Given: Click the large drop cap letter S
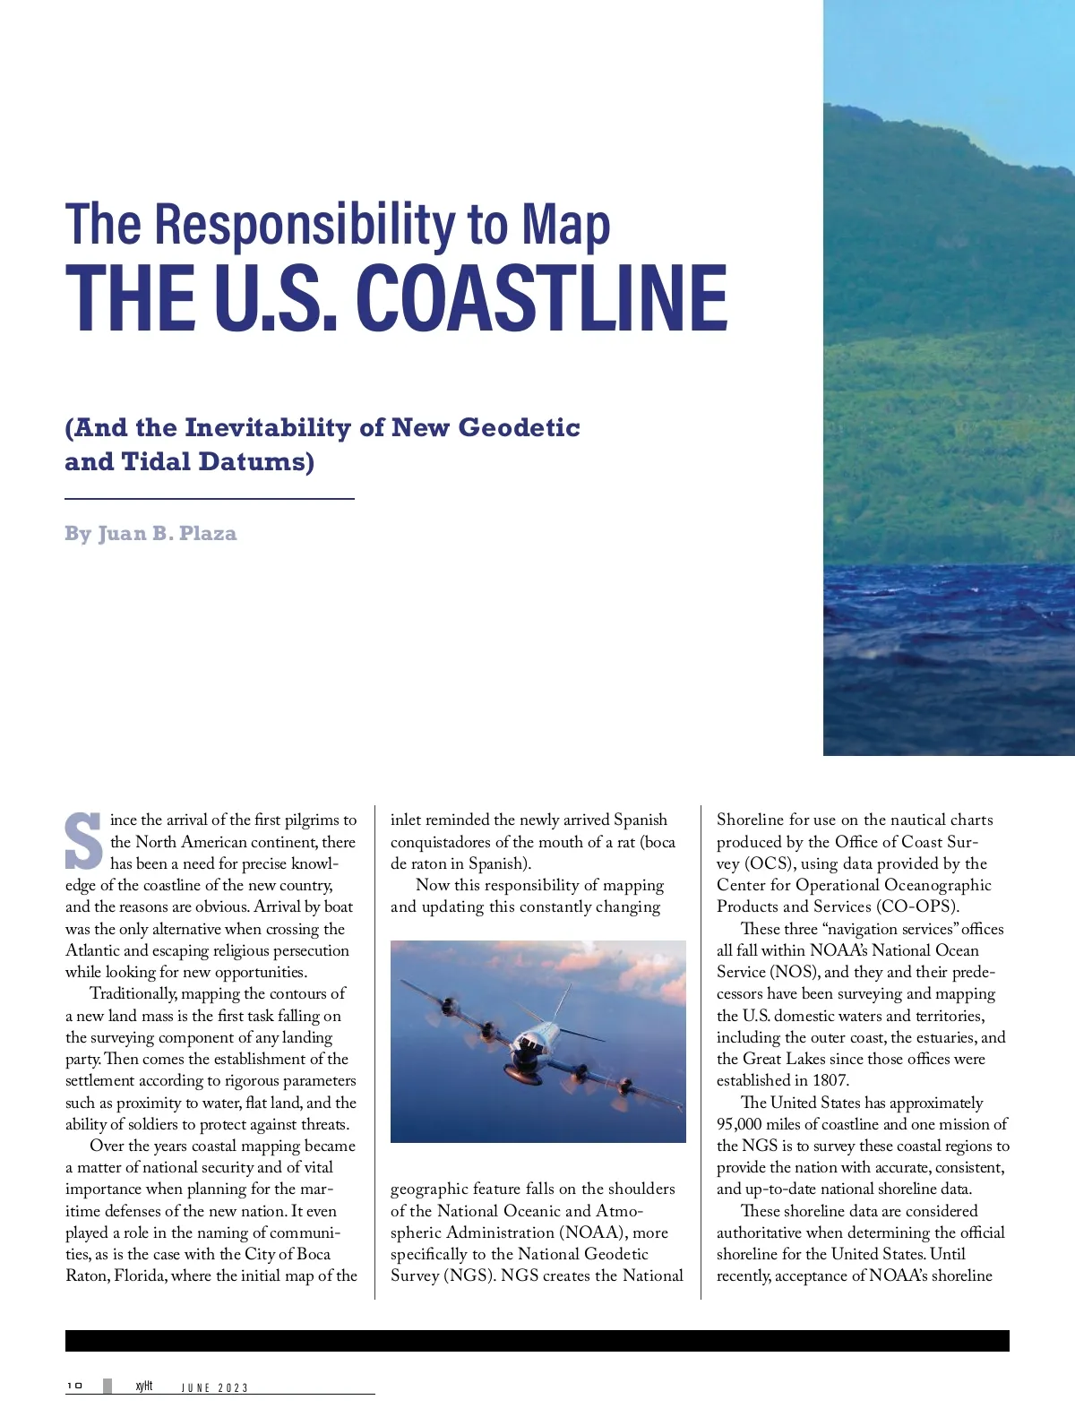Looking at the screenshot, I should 83,841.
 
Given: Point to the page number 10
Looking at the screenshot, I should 74,1386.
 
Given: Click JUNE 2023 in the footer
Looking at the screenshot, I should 215,1387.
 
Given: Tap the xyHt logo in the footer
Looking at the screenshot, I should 143,1386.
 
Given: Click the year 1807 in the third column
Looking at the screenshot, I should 830,1080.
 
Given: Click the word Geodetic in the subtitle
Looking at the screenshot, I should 520,428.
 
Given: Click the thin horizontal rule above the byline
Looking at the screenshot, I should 210,498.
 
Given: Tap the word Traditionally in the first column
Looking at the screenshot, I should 133,993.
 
